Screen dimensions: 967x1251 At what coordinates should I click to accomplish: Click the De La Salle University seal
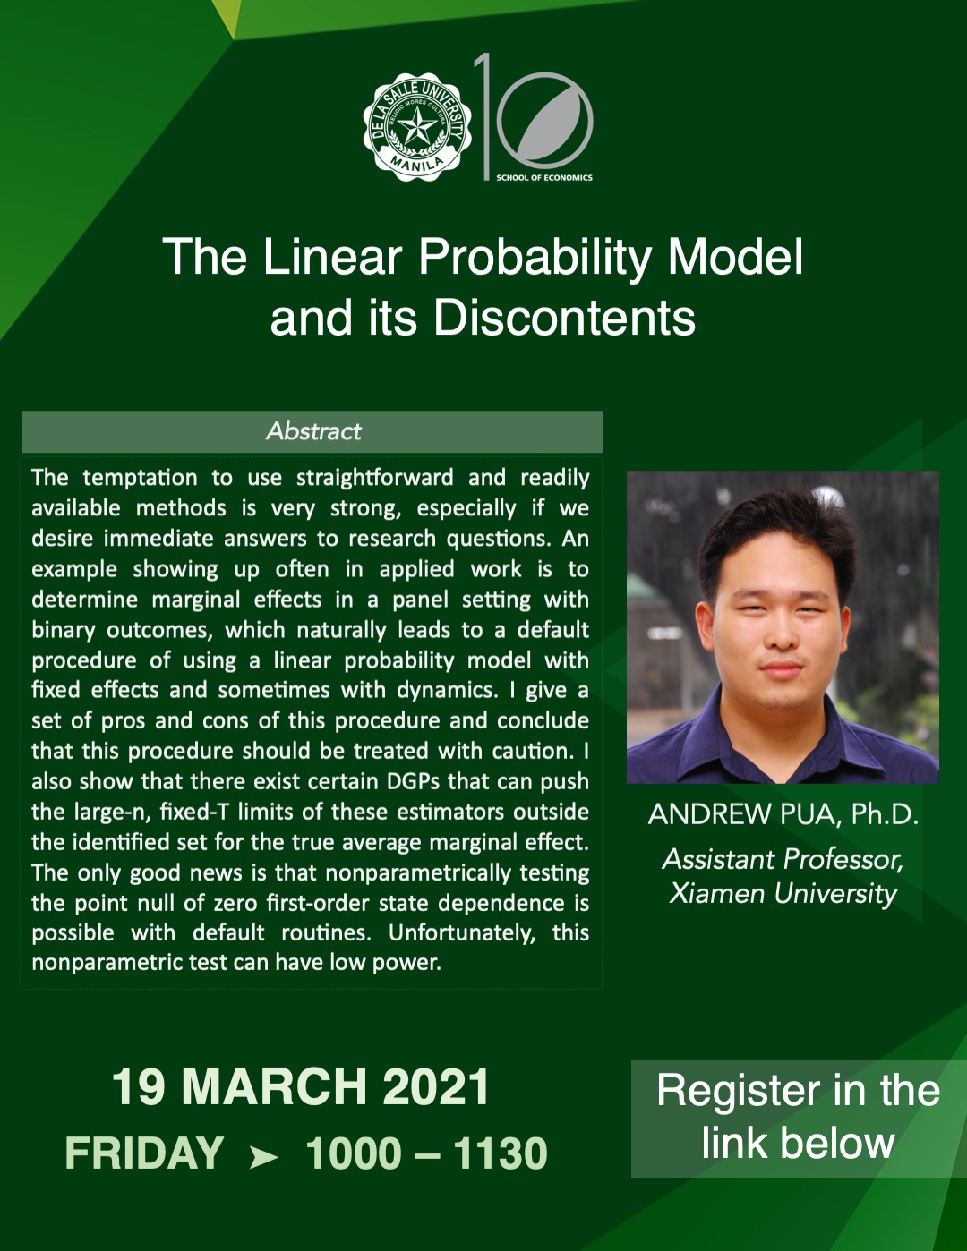pos(417,127)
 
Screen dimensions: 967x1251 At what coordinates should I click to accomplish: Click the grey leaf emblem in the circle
pos(545,120)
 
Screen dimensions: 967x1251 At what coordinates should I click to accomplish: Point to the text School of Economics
pos(544,177)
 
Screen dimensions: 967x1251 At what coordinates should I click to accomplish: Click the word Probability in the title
pos(535,257)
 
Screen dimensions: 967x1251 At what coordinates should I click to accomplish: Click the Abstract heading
pos(314,431)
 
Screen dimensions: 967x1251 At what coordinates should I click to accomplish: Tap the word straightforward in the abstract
pos(374,477)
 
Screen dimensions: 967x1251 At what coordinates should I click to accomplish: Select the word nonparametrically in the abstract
pos(418,872)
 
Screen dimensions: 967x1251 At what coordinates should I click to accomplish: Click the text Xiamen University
pos(783,893)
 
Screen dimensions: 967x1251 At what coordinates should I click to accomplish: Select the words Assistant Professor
pos(783,860)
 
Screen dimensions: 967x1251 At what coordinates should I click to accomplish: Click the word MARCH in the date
pos(274,1086)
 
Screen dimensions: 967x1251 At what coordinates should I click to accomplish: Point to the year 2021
pos(436,1086)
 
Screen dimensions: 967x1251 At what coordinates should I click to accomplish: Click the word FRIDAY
pos(144,1153)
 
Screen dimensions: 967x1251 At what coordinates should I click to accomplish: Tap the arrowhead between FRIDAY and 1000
pos(264,1156)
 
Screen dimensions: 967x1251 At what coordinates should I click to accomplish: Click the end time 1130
pos(500,1153)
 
